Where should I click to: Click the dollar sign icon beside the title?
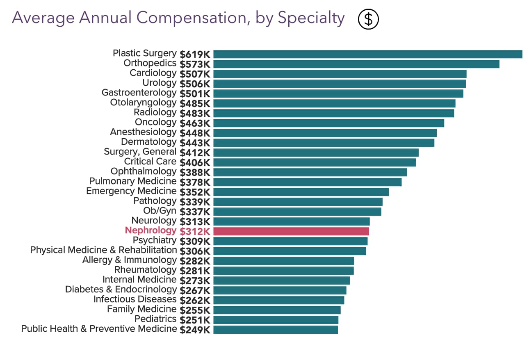368,19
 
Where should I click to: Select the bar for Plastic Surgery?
367,54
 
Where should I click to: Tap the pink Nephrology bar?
291,231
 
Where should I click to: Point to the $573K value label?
195,64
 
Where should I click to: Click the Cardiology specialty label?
153,73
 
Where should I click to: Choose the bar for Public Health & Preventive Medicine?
276,330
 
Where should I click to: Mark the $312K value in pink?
195,231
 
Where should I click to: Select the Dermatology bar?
324,143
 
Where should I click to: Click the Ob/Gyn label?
160,211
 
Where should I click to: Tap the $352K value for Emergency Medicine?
195,192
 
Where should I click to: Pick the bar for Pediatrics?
276,320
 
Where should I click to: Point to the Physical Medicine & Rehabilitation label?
103,250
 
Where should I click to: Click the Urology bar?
339,84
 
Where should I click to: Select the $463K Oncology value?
195,123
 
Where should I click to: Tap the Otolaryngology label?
143,103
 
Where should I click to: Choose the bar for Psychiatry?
290,241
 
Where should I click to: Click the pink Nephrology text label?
150,230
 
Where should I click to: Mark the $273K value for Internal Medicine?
195,280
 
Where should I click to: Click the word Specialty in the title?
311,18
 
